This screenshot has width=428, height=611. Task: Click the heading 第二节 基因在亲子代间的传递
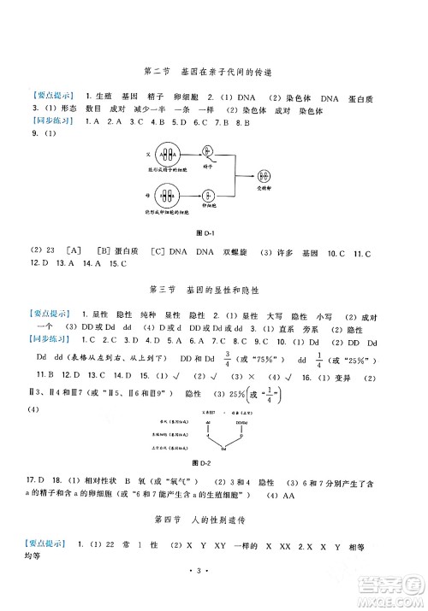point(213,73)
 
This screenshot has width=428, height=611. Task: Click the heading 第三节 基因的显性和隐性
point(213,289)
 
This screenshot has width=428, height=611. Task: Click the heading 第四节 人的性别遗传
point(213,520)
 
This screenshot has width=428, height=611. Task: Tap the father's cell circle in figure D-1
point(169,156)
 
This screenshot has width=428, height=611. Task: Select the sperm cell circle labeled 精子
point(207,156)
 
